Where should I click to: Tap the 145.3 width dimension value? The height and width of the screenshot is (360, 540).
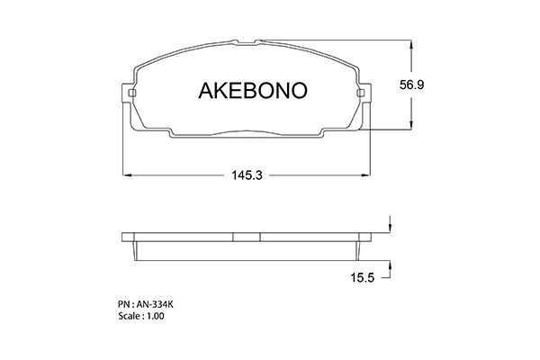(246, 176)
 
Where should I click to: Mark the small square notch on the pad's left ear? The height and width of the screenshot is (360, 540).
(132, 93)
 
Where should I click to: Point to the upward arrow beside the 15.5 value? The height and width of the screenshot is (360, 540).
(390, 266)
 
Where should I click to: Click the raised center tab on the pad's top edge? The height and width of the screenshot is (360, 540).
(247, 42)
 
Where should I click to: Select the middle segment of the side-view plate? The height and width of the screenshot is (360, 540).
(247, 238)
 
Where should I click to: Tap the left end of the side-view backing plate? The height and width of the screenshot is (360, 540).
(126, 238)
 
